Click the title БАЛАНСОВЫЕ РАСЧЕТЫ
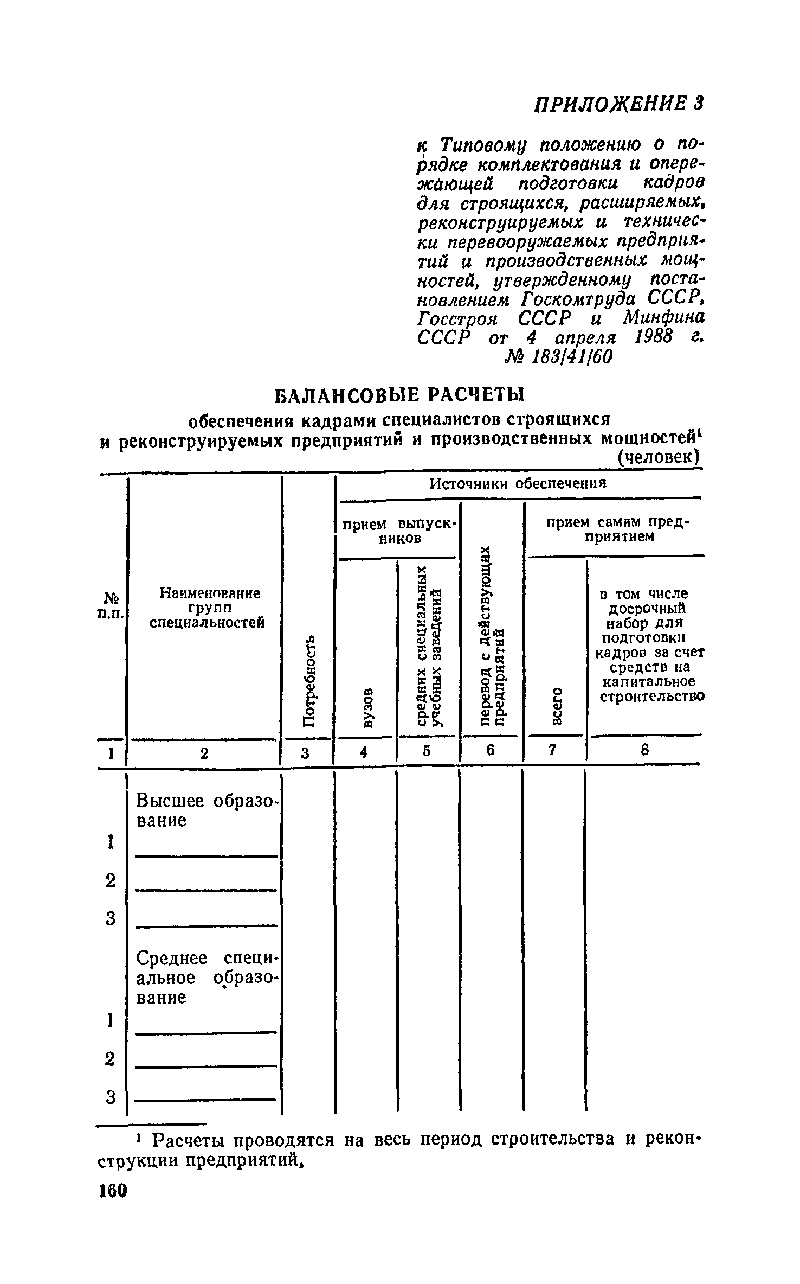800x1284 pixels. (x=399, y=395)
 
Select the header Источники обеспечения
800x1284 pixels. (x=518, y=483)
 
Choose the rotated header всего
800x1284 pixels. (x=556, y=706)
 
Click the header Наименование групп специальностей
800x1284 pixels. (x=207, y=608)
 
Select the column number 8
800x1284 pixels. (x=644, y=751)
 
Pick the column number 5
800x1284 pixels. (x=427, y=751)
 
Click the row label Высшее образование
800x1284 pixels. (x=206, y=810)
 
